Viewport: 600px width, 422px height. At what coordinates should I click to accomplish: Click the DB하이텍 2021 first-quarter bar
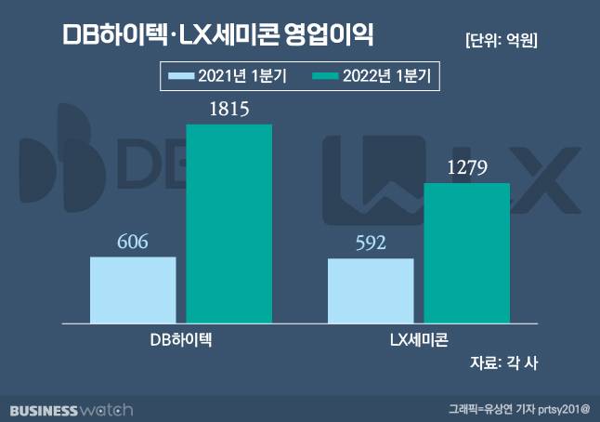(x=133, y=290)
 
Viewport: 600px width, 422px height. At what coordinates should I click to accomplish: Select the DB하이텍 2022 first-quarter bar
(x=229, y=223)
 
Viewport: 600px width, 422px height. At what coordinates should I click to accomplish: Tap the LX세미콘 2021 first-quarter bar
(x=371, y=291)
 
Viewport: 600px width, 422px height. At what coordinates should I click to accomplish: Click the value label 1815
(x=229, y=110)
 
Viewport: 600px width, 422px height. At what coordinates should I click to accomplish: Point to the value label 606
(x=133, y=242)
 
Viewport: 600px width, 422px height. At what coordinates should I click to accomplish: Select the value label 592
(x=371, y=244)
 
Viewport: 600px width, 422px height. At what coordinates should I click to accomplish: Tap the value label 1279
(x=467, y=169)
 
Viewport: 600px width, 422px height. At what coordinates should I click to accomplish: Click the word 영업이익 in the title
(x=331, y=37)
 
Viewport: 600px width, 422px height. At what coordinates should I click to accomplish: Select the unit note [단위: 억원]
(x=501, y=40)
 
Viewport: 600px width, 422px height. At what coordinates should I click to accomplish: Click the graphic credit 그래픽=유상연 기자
(x=490, y=409)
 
